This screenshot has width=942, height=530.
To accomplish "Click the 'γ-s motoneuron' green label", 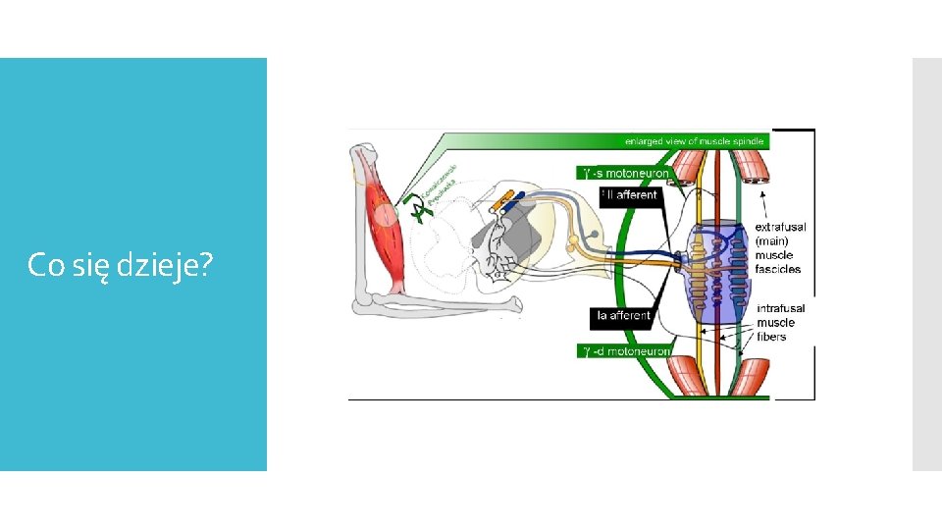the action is (x=625, y=173).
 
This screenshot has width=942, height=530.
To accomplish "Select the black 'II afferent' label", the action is (x=629, y=195).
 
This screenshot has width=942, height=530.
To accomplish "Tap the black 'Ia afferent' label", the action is (x=624, y=315).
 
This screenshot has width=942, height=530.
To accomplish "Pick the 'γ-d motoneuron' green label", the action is (x=625, y=351).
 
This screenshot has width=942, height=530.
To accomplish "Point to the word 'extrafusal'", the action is (x=780, y=227).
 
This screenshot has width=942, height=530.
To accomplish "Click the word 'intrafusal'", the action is (x=780, y=308).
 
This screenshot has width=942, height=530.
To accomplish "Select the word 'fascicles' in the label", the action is (x=778, y=269).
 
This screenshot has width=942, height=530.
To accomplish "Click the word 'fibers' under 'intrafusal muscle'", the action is (x=771, y=337).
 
